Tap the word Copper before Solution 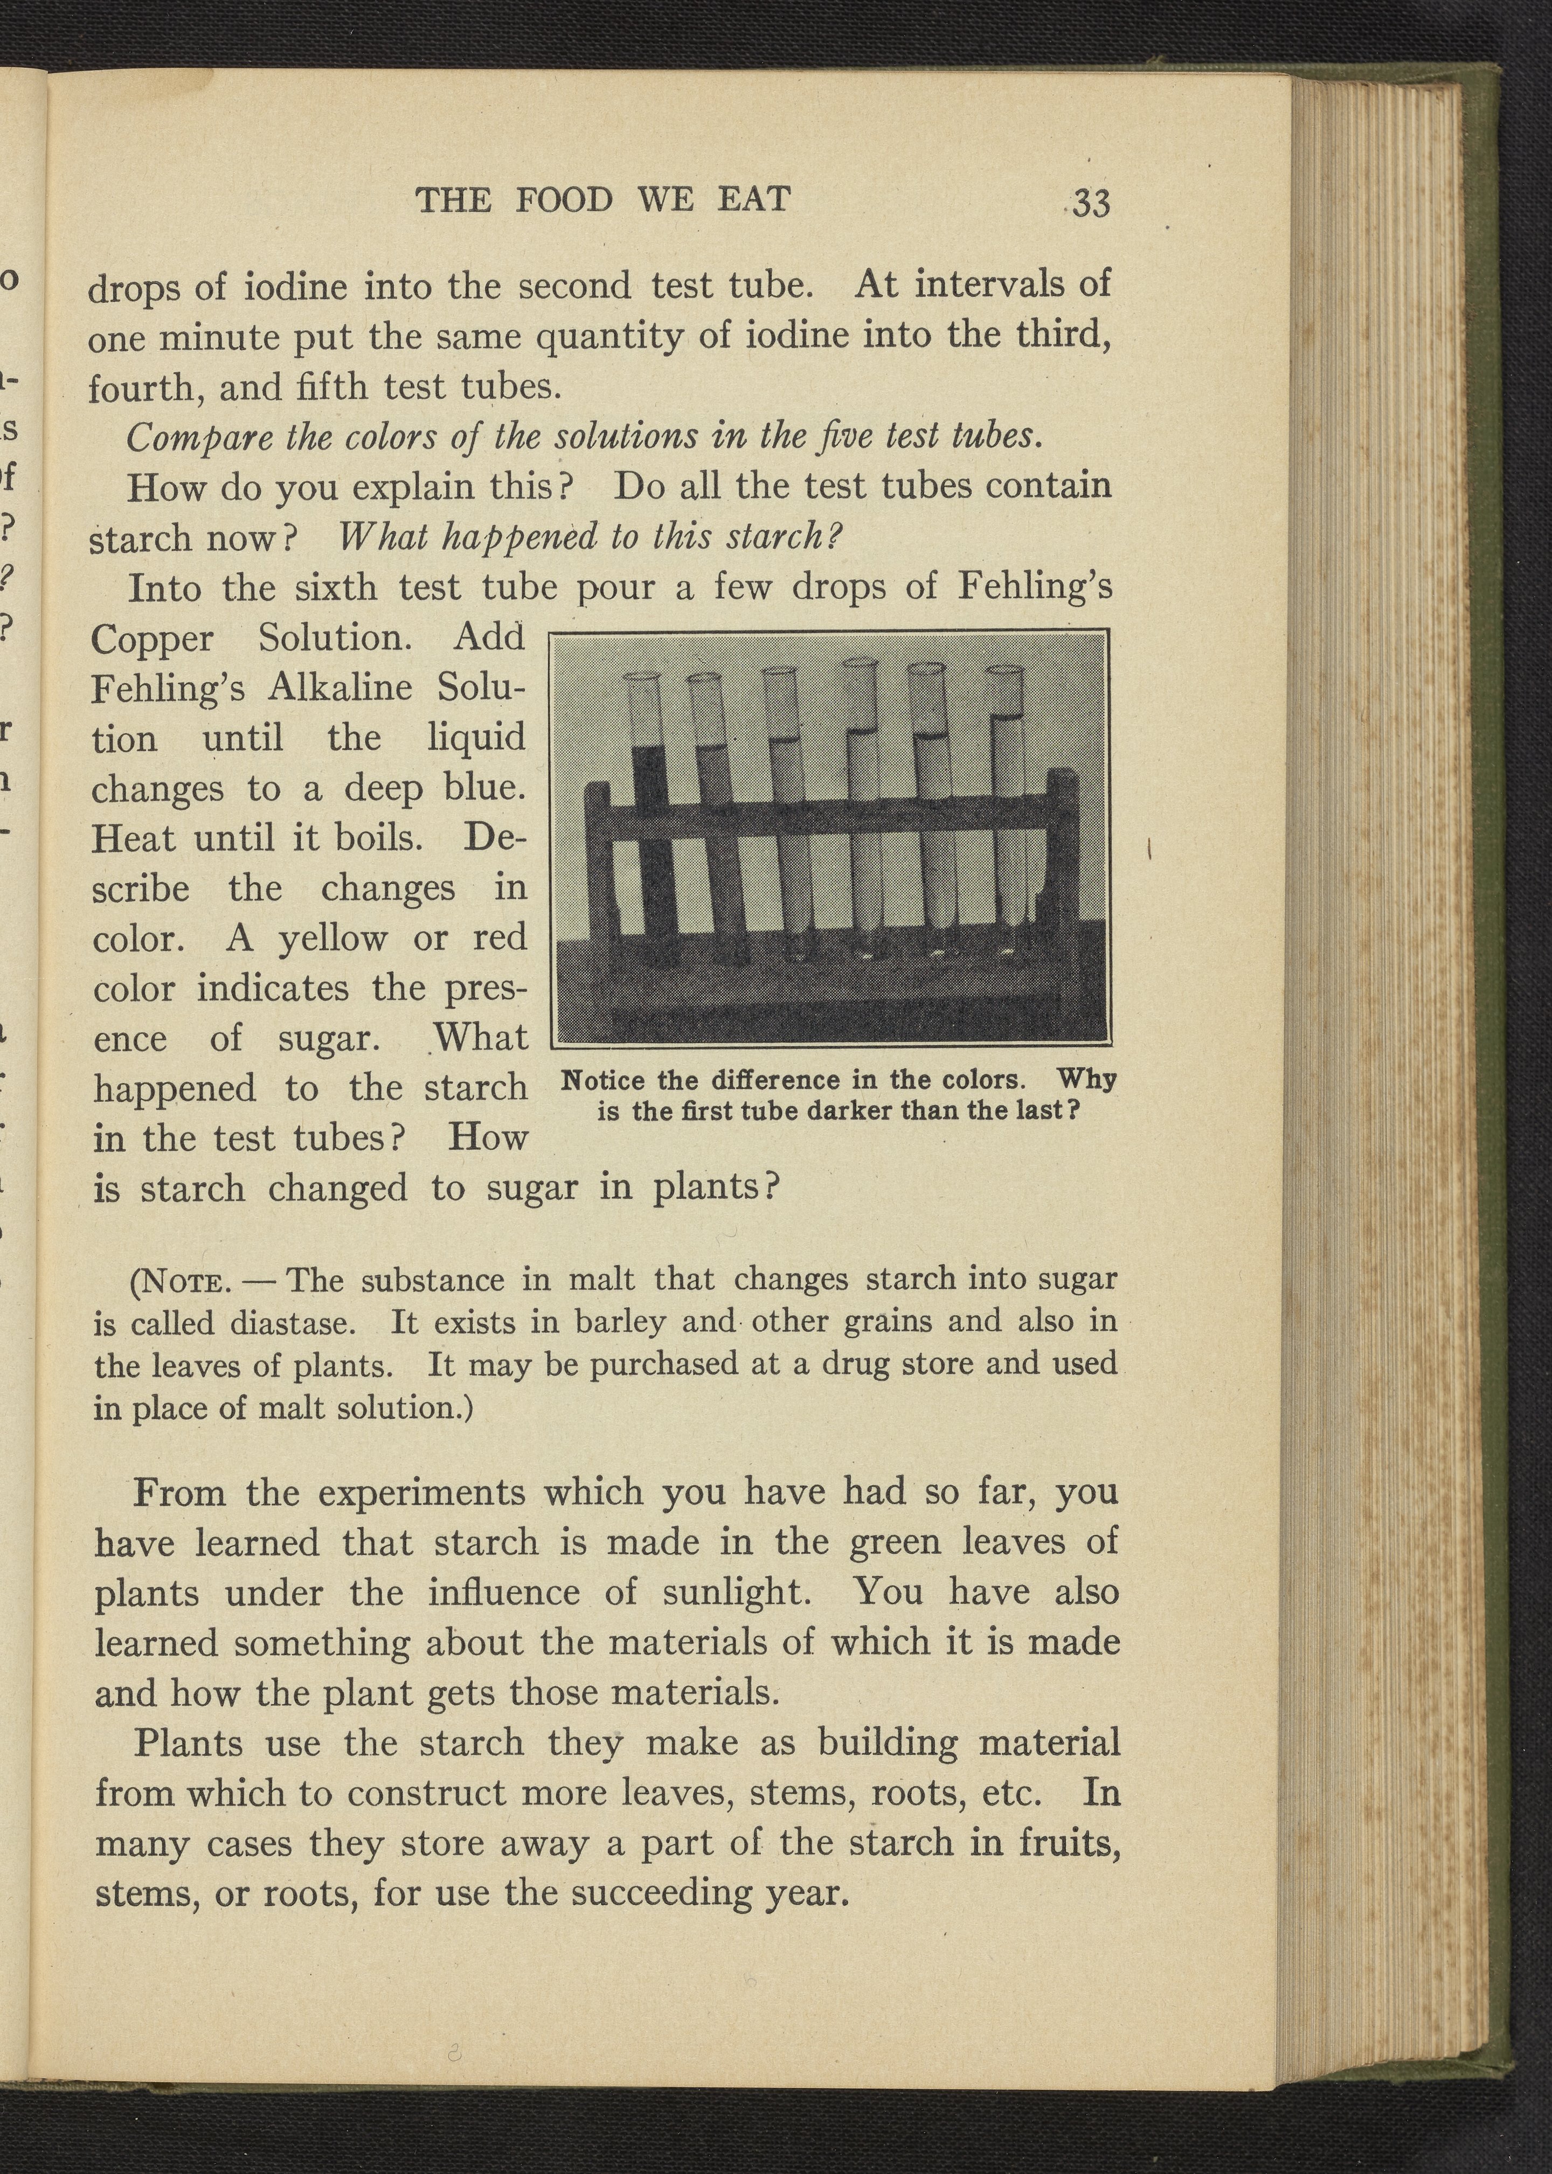153,638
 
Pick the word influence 503,1592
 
